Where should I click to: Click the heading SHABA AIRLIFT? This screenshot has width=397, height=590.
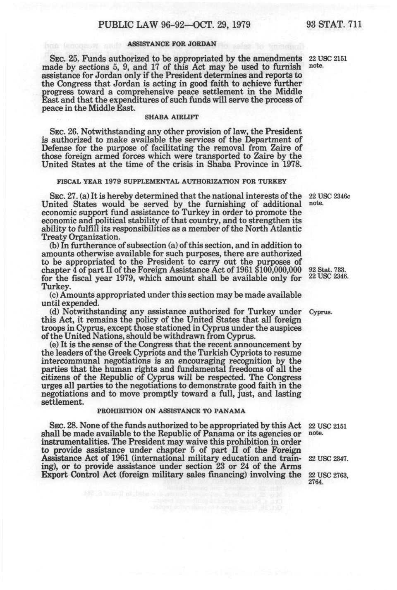coord(171,117)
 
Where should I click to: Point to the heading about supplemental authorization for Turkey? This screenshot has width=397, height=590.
coord(171,182)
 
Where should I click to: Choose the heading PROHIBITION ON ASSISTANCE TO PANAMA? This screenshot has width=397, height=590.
coord(171,411)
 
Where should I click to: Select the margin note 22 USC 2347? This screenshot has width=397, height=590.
coord(327,459)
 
